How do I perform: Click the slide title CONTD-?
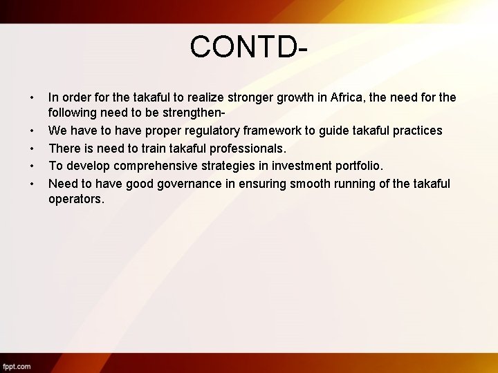pyautogui.click(x=248, y=47)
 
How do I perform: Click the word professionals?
pyautogui.click(x=243, y=148)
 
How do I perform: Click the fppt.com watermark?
pyautogui.click(x=17, y=366)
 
